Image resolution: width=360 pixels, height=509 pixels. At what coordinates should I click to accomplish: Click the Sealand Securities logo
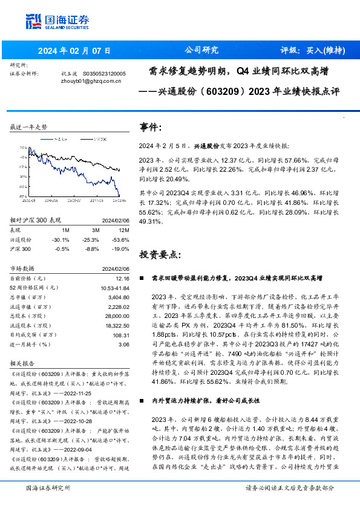tap(57, 21)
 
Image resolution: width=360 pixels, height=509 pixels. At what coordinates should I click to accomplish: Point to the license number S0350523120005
tap(104, 73)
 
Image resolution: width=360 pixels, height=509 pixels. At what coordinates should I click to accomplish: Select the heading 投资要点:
tap(160, 254)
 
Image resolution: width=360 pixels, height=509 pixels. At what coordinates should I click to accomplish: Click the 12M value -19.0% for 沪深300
tap(122, 248)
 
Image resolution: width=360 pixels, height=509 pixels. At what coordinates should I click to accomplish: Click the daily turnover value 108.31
tap(121, 334)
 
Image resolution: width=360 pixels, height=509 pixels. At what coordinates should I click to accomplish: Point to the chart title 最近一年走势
tap(29, 128)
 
